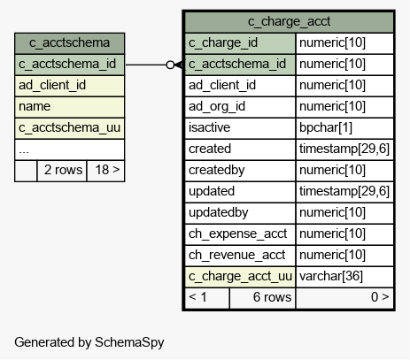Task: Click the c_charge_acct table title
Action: coord(289,21)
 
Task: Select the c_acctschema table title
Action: coord(69,42)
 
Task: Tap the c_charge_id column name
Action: coord(223,43)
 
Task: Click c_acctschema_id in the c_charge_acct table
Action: coord(237,65)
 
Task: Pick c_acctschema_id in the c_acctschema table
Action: coord(67,65)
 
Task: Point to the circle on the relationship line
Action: coord(170,65)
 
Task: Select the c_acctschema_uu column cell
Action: coord(70,128)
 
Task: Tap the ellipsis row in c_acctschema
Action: coord(70,149)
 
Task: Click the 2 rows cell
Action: coord(62,171)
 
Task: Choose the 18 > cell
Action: coord(106,171)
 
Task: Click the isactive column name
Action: coord(209,127)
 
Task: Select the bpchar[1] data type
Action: coord(326,127)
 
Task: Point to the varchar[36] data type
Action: coord(331,276)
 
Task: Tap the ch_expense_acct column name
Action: coord(237,234)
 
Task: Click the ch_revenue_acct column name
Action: coord(236,256)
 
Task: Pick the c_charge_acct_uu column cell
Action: coord(240,277)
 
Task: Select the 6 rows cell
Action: coord(263,298)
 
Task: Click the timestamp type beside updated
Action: coord(344,191)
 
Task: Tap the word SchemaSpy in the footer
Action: coord(129,343)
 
